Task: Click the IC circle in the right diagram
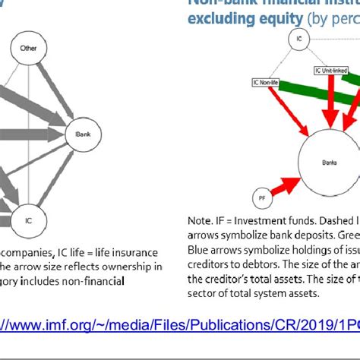coord(301,36)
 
